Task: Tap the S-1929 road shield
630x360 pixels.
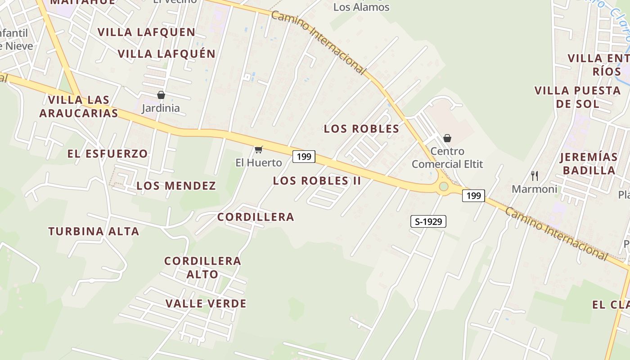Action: tap(428, 221)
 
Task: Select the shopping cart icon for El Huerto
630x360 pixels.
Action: tap(258, 149)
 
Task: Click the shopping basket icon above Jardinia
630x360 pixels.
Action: tap(161, 95)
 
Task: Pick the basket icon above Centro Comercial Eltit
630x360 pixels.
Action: tap(447, 138)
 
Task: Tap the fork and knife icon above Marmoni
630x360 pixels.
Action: tap(534, 175)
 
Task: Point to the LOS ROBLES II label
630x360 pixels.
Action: tap(317, 181)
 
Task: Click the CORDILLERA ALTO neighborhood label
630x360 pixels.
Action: tap(202, 267)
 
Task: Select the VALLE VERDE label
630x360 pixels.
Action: tap(206, 304)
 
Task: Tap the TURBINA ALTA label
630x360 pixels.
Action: tap(94, 232)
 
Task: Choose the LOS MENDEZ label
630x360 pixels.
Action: tap(176, 186)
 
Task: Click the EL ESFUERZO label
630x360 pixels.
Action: tap(108, 154)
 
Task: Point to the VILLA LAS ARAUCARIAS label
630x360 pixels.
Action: tap(79, 107)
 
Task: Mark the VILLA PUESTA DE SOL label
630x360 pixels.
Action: tap(577, 97)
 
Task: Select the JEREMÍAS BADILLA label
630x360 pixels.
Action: tap(589, 164)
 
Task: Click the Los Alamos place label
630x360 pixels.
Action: tap(361, 7)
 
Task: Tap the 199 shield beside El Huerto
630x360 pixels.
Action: tap(304, 157)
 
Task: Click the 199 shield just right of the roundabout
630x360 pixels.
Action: tap(473, 196)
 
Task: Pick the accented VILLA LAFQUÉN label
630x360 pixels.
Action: tap(166, 54)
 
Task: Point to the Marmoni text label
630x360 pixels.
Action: tap(534, 189)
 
